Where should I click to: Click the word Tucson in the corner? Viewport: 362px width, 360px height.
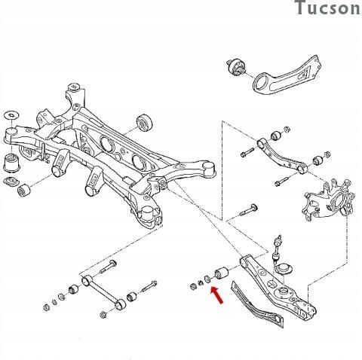[x=327, y=9]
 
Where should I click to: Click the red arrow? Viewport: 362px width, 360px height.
[x=217, y=297]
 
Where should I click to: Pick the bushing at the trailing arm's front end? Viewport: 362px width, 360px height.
[x=235, y=69]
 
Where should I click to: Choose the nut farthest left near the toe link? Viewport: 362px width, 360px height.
[x=44, y=306]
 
